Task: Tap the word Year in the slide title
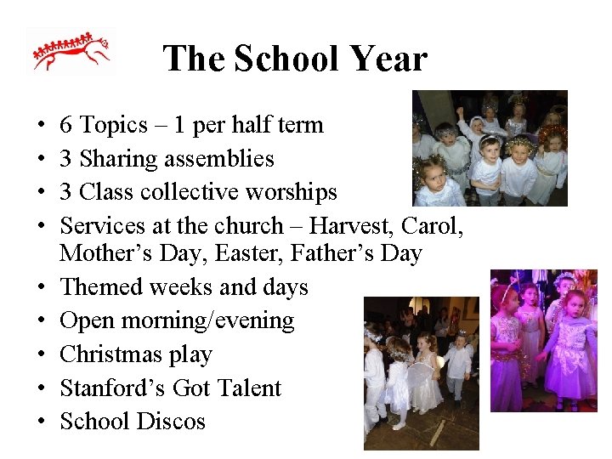click(x=386, y=59)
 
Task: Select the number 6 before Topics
click(x=65, y=126)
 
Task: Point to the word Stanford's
click(x=112, y=388)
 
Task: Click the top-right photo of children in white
click(x=490, y=148)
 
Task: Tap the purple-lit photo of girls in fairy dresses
click(x=543, y=340)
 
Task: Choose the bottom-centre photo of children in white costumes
click(x=421, y=372)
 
